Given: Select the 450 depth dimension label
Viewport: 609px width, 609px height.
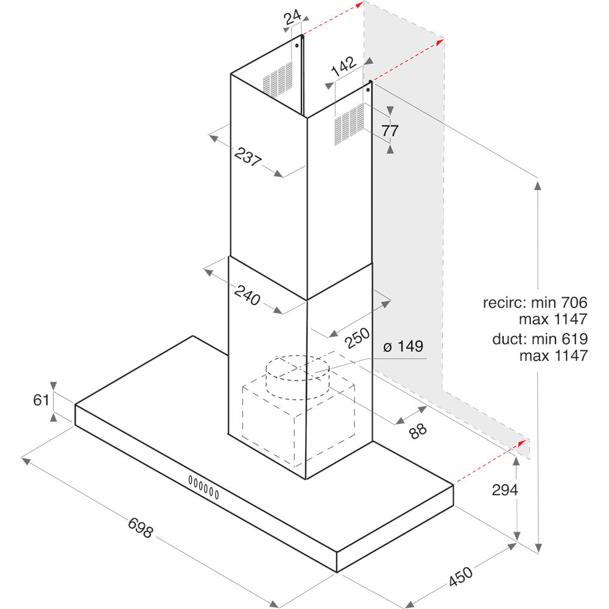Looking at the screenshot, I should [460, 576].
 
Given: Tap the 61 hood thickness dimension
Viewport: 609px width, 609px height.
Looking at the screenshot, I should [41, 400].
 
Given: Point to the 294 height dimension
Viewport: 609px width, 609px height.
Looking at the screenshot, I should [505, 490].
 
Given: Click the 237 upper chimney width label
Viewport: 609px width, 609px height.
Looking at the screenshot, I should [247, 157].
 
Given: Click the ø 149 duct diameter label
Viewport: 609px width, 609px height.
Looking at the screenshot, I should [403, 347].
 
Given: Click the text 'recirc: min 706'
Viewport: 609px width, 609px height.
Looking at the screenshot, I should [534, 302].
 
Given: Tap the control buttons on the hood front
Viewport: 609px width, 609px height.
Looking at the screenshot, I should [203, 485].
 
